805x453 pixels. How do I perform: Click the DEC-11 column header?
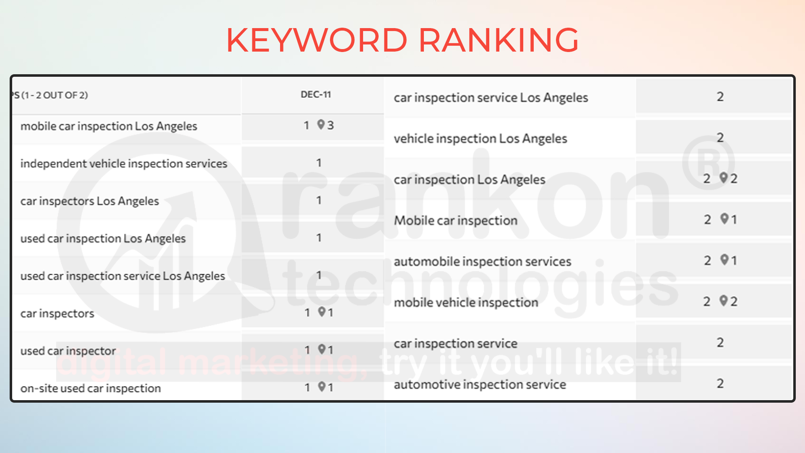point(316,95)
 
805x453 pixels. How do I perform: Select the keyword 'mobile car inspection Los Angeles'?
point(109,126)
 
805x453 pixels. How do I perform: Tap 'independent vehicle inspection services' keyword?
point(124,164)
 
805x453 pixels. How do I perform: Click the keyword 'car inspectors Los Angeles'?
point(90,201)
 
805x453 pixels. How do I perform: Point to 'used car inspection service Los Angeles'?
point(123,276)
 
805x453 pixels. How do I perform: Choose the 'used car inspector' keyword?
point(68,351)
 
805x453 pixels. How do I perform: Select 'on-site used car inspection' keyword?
point(91,388)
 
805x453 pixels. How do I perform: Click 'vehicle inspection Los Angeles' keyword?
point(480,139)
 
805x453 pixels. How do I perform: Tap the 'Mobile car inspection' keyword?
point(456,221)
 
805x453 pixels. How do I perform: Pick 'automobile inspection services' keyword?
point(483,262)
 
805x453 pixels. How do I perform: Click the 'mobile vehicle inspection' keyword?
point(466,303)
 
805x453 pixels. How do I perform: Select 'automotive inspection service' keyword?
point(480,385)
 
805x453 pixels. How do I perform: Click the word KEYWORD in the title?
point(317,40)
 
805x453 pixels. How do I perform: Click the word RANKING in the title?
point(499,40)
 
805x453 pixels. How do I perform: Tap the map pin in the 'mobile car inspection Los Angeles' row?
point(321,125)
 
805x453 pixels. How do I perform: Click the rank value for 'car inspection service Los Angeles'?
point(720,97)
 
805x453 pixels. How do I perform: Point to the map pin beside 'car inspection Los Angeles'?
point(724,178)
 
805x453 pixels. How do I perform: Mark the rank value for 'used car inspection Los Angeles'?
point(319,238)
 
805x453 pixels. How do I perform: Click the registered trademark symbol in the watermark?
point(708,162)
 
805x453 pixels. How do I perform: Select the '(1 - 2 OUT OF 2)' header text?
point(55,95)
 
